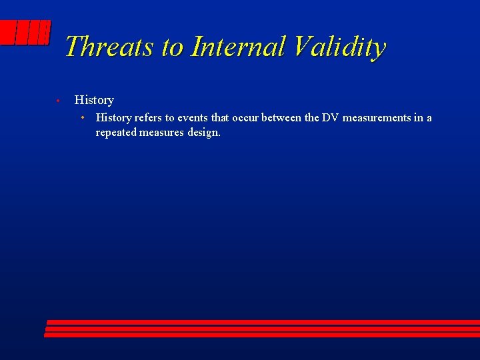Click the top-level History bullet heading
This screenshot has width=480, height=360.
click(x=94, y=100)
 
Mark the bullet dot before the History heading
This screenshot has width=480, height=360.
click(x=58, y=101)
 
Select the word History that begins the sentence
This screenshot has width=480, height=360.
click(x=113, y=118)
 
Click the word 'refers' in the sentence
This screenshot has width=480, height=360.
click(x=149, y=118)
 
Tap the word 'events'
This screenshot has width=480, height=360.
click(x=193, y=118)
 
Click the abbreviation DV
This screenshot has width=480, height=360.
click(x=331, y=118)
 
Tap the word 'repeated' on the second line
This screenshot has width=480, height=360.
click(x=116, y=133)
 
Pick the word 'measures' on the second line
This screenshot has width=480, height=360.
click(x=161, y=133)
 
